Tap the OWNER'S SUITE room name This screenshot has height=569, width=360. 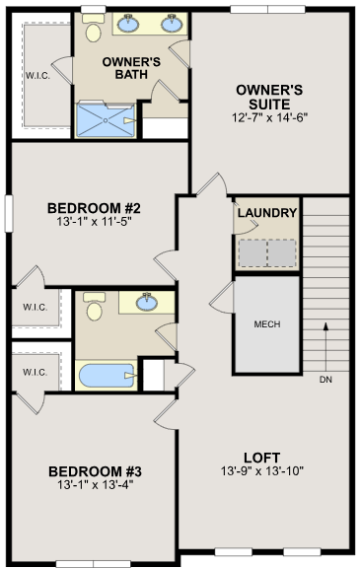coord(268,97)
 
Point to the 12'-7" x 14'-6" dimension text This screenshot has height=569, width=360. coord(268,117)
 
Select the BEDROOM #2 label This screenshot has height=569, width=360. coord(95,208)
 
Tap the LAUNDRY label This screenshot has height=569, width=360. coord(266,213)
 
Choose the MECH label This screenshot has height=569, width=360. coord(266,323)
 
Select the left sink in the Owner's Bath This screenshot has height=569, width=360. coord(130,24)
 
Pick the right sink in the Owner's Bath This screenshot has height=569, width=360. coord(172,24)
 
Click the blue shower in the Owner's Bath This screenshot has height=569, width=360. coord(104,120)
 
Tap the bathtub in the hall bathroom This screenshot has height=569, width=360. coord(108,377)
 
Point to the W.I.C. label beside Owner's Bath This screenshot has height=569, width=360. coord(38,74)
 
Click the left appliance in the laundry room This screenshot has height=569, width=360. coord(252,254)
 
